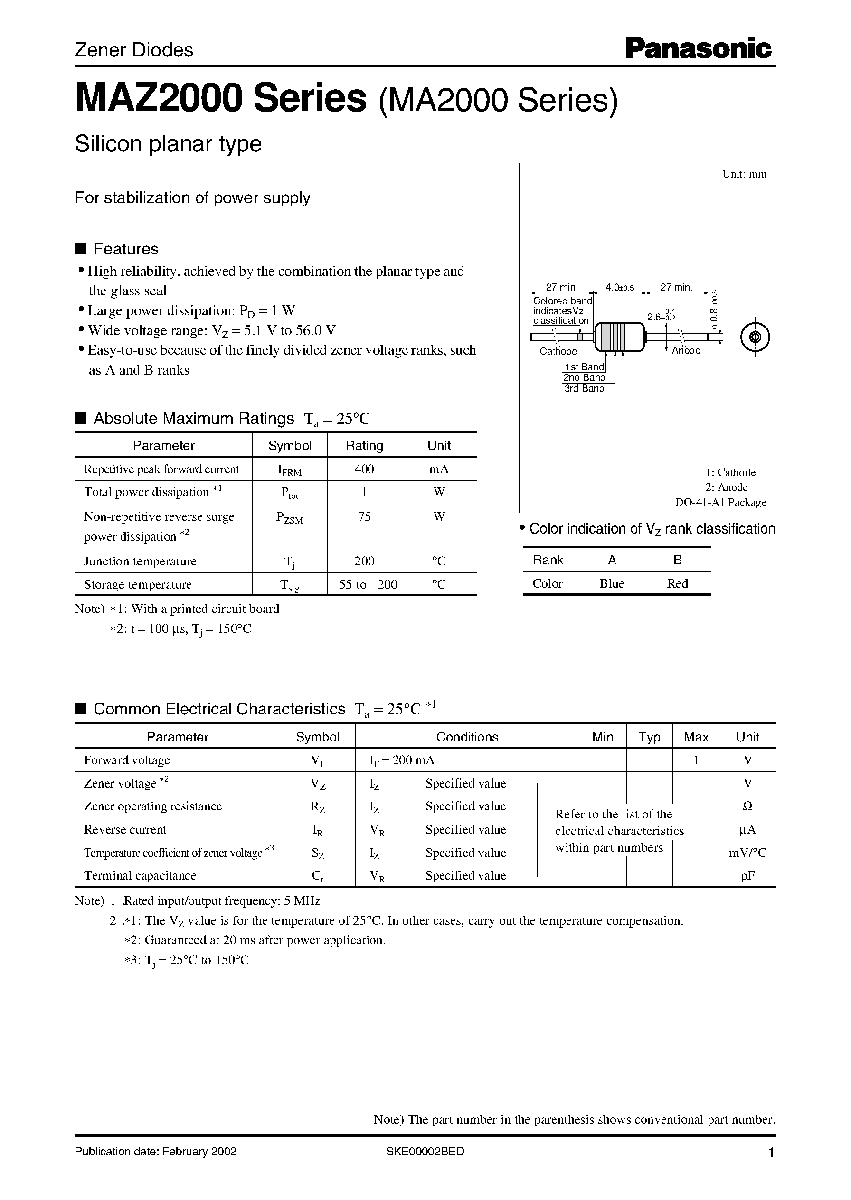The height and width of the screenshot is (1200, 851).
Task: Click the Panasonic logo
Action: (x=699, y=49)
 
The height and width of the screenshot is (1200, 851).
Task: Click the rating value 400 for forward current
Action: (x=364, y=469)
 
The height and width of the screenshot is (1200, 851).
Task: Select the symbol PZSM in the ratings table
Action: (x=289, y=518)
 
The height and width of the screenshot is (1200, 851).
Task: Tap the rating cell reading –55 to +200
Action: (x=364, y=584)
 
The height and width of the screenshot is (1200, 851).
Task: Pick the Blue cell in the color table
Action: (x=612, y=583)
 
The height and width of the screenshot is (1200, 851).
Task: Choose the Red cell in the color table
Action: (x=677, y=583)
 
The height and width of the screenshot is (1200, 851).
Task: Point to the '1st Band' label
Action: (x=584, y=367)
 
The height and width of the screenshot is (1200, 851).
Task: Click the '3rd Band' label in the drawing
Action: (x=584, y=388)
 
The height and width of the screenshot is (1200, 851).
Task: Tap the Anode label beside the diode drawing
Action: (x=686, y=350)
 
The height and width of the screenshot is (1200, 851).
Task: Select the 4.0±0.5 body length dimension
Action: (x=619, y=287)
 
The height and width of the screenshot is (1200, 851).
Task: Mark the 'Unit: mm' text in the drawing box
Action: (x=744, y=174)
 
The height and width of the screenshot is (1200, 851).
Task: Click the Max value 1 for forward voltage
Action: (x=696, y=760)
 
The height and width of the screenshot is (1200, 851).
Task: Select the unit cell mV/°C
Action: (x=747, y=853)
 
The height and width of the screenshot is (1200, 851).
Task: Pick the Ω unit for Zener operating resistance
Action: (x=747, y=806)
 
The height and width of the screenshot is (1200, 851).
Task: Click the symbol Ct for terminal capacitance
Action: (x=318, y=876)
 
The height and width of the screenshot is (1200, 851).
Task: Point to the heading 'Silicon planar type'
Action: (x=168, y=144)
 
